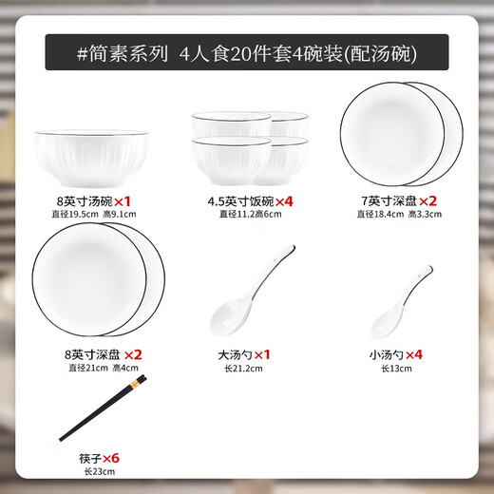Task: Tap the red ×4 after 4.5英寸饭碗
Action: [272, 201]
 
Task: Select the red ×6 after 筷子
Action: [109, 457]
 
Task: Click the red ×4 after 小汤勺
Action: [414, 353]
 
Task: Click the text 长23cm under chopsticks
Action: [91, 472]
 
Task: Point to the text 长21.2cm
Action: [241, 369]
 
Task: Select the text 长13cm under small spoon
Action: [396, 369]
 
